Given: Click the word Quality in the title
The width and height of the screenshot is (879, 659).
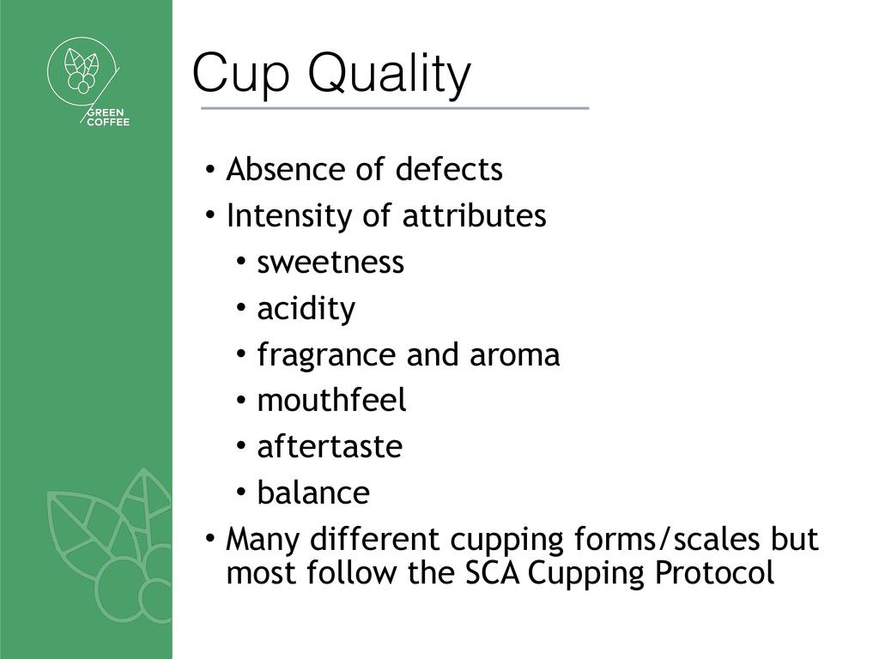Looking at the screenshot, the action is click(390, 76).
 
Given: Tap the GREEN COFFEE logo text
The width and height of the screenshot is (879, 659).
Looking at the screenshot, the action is click(107, 118).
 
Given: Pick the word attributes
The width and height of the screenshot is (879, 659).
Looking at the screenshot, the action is click(474, 215).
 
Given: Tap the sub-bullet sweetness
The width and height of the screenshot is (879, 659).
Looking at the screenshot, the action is click(330, 263).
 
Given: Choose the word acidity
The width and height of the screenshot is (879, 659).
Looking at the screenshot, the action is click(306, 309).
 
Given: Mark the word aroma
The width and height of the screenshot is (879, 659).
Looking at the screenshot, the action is click(515, 355).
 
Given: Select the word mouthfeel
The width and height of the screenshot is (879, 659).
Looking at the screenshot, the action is click(331, 401).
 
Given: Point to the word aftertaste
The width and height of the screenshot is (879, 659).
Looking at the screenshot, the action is click(330, 447).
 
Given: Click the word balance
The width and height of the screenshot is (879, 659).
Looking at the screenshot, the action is click(313, 493).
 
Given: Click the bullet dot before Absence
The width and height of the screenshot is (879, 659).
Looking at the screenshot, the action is click(209, 169).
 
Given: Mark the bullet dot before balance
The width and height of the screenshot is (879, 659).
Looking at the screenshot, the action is click(241, 493).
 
